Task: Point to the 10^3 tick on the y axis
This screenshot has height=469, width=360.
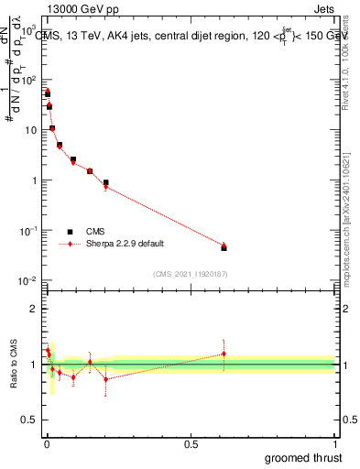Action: click(x=29, y=31)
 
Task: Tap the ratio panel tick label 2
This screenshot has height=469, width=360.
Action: click(x=33, y=309)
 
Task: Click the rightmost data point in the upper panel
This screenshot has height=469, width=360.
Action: click(x=224, y=247)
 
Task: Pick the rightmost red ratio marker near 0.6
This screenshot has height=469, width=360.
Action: click(x=224, y=354)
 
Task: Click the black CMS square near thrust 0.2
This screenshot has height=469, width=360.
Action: click(x=106, y=182)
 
